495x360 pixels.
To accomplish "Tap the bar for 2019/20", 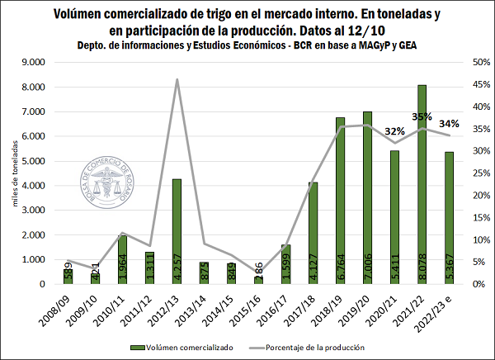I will (x=367, y=198).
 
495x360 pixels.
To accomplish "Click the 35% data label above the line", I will (x=422, y=117).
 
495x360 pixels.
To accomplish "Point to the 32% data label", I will (x=394, y=131).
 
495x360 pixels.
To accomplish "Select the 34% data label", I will (x=450, y=125).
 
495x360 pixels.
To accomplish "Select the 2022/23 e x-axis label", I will (x=446, y=311).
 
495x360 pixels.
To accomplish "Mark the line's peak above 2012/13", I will (x=177, y=79).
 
